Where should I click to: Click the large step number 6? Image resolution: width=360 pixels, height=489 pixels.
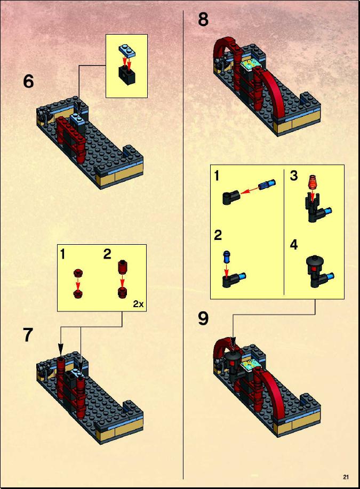28,82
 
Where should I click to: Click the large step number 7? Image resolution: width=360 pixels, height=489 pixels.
28,335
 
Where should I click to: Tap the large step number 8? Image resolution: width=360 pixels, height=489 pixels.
203,19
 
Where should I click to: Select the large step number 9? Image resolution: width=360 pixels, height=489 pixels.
203,319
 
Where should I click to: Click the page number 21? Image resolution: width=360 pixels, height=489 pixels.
346,477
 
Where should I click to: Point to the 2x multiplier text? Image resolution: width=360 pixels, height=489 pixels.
139,304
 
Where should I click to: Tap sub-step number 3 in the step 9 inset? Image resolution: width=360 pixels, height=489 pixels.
293,175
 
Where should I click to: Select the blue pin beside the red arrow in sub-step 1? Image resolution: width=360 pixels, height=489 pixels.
267,185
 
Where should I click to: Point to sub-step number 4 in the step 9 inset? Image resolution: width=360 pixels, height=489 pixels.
294,245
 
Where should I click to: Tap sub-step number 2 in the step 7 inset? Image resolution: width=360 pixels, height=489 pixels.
107,254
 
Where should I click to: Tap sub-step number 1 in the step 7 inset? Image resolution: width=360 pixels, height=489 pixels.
63,254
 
